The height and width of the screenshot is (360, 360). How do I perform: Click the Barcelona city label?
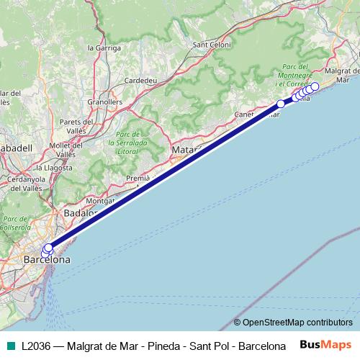click(x=47, y=259)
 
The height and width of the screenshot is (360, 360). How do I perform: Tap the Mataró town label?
click(x=185, y=150)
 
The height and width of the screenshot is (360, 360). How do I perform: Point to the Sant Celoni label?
click(x=210, y=45)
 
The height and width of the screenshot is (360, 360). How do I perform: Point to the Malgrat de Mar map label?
click(x=341, y=71)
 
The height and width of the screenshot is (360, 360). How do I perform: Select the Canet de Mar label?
click(x=256, y=114)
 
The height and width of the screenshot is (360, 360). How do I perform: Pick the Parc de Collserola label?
click(x=14, y=223)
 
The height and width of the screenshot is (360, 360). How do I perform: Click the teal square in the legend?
click(x=9, y=345)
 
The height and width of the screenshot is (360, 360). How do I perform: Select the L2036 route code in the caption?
click(x=35, y=345)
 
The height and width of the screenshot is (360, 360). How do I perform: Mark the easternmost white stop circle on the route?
click(x=315, y=86)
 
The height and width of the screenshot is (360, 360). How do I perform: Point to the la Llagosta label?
click(x=55, y=167)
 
